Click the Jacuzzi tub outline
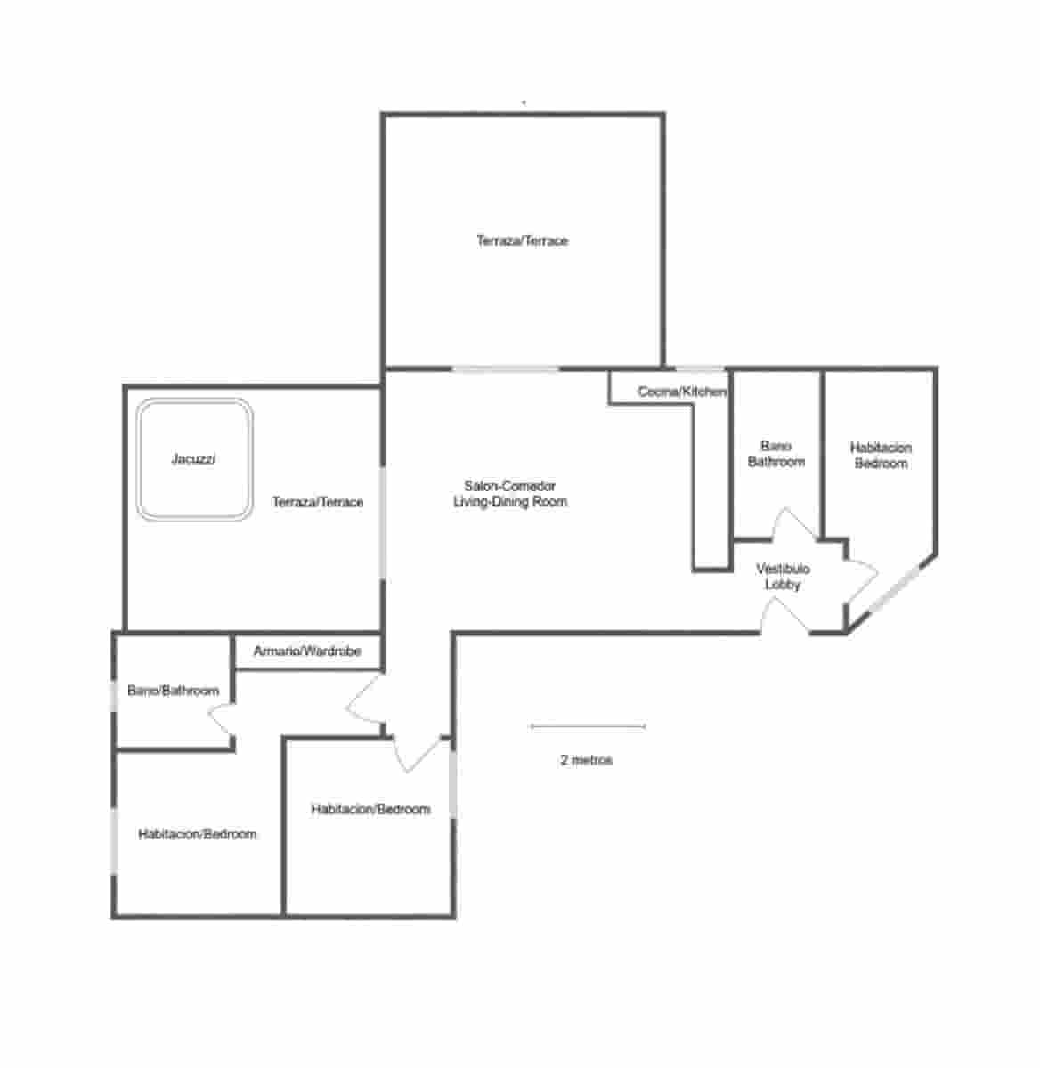pyautogui.click(x=195, y=459)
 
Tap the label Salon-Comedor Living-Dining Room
pyautogui.click(x=510, y=494)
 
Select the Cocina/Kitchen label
pyautogui.click(x=682, y=392)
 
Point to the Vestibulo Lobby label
pyautogui.click(x=783, y=577)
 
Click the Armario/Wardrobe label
pyautogui.click(x=307, y=651)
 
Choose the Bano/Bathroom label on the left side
pyautogui.click(x=173, y=691)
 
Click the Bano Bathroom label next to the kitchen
pyautogui.click(x=776, y=454)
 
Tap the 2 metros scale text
pyautogui.click(x=586, y=760)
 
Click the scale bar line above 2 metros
pyautogui.click(x=588, y=727)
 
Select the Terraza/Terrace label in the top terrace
pyautogui.click(x=522, y=240)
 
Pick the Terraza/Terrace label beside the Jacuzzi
pyautogui.click(x=318, y=502)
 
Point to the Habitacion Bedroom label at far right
pyautogui.click(x=881, y=456)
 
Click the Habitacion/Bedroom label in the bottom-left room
pyautogui.click(x=198, y=835)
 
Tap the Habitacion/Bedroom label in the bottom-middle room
pyautogui.click(x=370, y=810)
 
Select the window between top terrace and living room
pyautogui.click(x=506, y=368)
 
